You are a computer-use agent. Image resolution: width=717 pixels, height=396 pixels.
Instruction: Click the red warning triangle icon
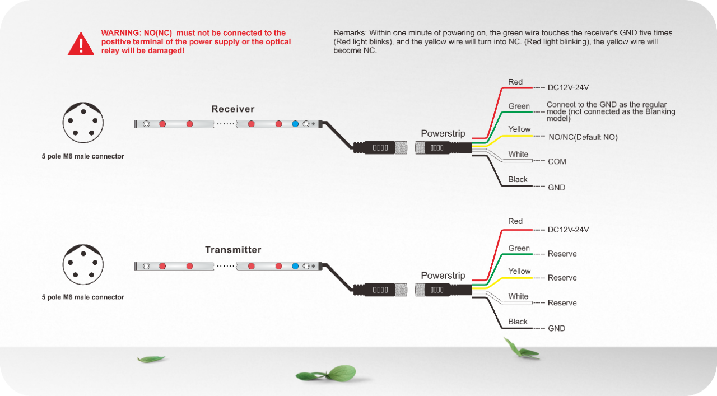81,43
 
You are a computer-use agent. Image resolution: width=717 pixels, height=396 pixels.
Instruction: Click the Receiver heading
232,109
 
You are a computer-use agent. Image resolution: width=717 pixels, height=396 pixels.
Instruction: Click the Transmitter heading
233,250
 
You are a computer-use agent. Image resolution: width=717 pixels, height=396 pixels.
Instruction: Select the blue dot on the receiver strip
295,124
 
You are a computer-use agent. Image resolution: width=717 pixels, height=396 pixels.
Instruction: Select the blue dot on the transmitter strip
295,266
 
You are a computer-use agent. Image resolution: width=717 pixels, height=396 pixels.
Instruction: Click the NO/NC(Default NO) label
583,137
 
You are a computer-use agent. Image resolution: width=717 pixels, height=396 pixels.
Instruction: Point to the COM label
557,161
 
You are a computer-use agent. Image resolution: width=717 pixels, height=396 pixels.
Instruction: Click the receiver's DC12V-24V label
568,87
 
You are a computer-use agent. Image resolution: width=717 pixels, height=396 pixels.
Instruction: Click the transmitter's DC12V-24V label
568,230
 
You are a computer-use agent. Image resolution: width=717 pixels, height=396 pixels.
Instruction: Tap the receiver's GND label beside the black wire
556,188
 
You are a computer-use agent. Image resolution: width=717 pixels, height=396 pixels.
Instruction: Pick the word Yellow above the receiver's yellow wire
519,129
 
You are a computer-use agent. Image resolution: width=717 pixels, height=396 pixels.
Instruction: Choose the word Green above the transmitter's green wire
519,248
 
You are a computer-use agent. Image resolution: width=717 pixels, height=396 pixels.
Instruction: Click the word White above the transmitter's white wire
518,296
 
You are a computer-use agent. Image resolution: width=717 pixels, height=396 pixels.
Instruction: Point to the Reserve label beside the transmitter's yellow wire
562,278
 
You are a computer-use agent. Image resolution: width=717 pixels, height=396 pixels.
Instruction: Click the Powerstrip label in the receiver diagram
443,133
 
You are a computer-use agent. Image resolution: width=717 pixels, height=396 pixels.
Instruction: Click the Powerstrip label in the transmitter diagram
443,276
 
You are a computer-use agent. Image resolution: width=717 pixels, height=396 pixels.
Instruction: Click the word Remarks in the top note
350,32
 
